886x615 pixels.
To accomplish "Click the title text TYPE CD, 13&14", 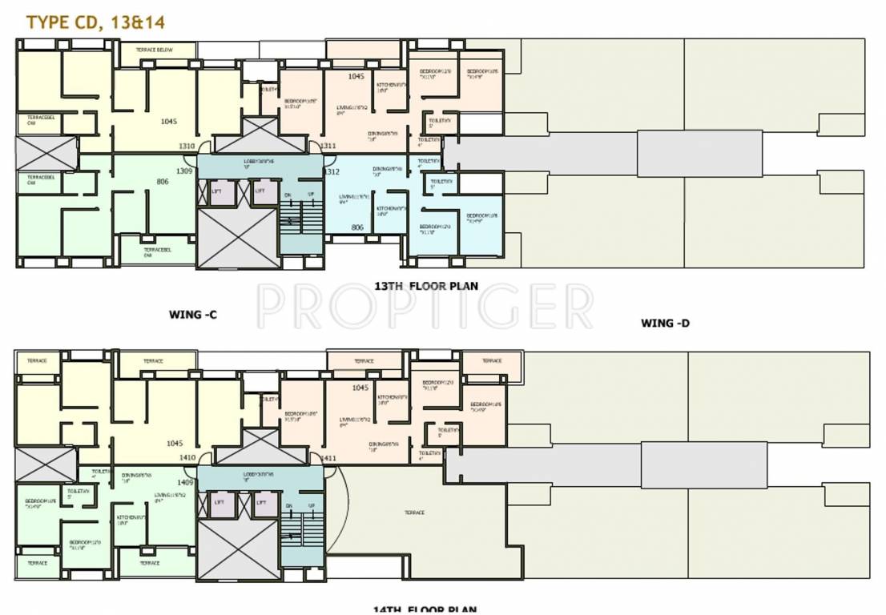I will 95,22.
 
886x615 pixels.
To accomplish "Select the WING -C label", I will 192,315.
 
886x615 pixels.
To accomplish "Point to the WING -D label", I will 665,324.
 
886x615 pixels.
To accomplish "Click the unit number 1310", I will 186,147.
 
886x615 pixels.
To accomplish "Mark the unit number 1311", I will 328,147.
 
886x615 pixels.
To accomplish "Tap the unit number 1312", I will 331,172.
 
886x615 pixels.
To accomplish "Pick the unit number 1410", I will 187,458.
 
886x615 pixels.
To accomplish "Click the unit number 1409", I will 185,482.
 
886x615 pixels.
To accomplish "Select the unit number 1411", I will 328,458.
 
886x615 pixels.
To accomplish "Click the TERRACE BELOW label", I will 157,50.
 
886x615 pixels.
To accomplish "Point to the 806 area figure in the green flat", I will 163,182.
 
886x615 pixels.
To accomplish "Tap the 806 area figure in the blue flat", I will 357,228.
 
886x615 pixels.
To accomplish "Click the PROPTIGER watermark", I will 425,306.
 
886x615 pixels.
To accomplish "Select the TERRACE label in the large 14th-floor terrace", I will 414,512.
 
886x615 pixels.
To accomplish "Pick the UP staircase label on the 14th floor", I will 311,506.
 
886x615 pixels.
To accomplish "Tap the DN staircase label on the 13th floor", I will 288,195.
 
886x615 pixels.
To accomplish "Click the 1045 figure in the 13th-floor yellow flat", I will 168,122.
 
